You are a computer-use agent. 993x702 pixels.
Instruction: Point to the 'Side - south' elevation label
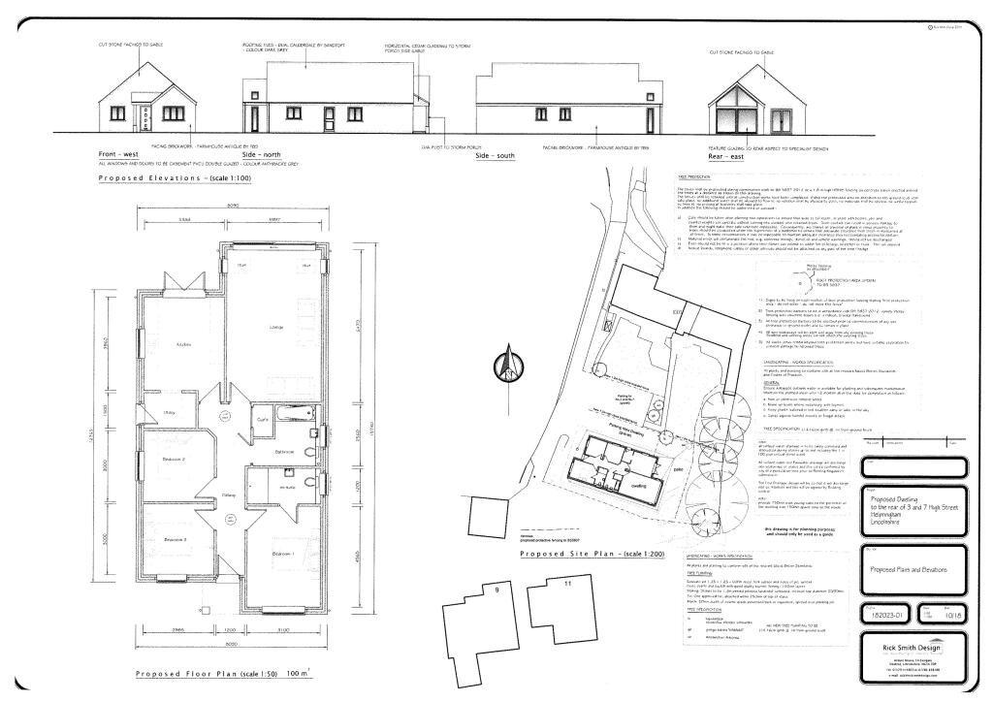click(x=495, y=155)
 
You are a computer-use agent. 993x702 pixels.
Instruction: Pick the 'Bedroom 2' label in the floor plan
click(x=172, y=460)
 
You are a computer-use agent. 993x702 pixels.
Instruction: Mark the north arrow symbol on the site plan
click(x=504, y=366)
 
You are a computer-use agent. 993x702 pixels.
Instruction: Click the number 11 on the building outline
click(x=568, y=585)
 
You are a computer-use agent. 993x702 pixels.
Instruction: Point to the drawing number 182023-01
click(x=881, y=613)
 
